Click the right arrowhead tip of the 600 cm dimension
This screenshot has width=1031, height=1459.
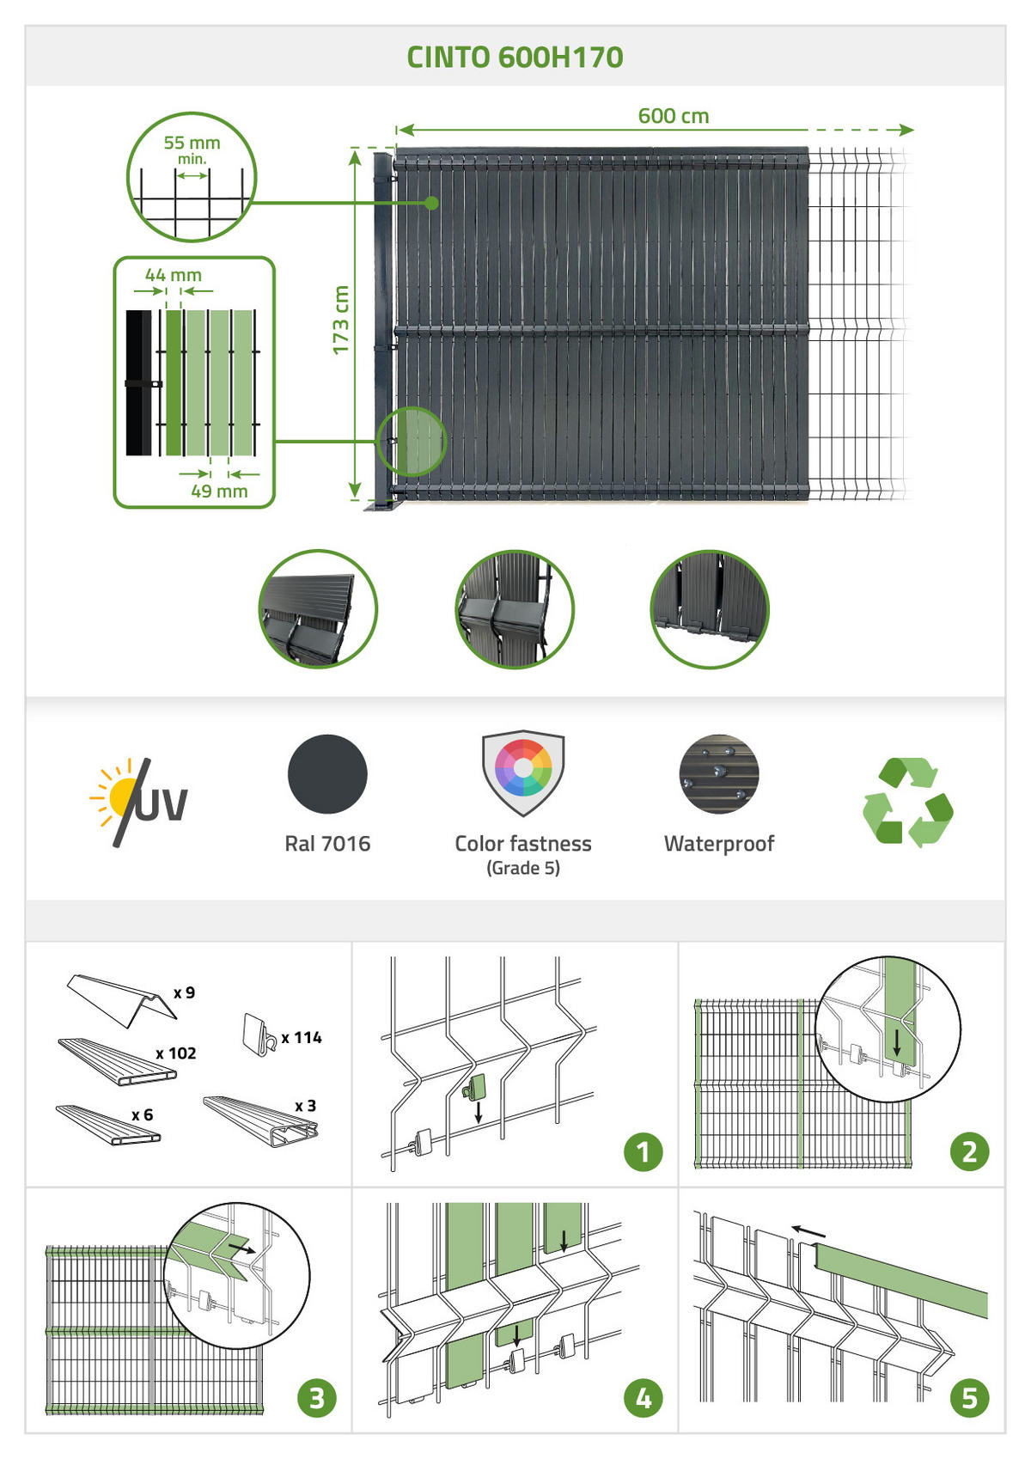pos(914,131)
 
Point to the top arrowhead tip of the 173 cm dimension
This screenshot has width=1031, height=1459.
pos(355,150)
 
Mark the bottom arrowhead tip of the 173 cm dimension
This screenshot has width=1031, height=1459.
pos(355,498)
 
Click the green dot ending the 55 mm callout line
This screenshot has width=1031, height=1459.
pos(431,203)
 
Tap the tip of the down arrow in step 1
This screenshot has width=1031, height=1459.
pos(479,1123)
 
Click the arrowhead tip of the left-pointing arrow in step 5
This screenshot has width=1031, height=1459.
pos(791,1229)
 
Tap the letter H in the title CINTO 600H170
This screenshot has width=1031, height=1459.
pos(561,58)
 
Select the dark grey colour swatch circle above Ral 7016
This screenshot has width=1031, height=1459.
pos(327,774)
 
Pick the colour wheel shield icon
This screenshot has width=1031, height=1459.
pos(523,772)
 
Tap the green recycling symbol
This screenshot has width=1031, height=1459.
pos(908,803)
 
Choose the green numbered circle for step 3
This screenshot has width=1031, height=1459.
pos(316,1398)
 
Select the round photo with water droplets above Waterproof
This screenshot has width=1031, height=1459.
pos(719,774)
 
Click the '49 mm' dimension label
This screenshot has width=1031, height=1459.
pos(219,491)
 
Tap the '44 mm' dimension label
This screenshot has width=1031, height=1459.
pos(174,275)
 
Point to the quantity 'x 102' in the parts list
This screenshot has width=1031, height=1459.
pos(176,1053)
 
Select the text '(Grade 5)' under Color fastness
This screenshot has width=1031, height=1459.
pos(523,868)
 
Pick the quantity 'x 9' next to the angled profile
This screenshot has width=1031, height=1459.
pos(185,992)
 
